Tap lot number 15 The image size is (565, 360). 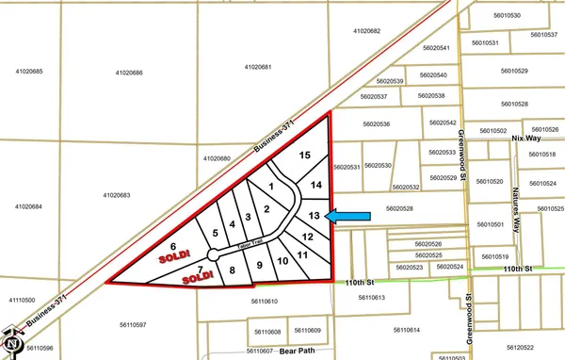click(303, 155)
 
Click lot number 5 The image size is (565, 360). click(216, 232)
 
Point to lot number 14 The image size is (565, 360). click(316, 184)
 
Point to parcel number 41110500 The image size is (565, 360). click(21, 299)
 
